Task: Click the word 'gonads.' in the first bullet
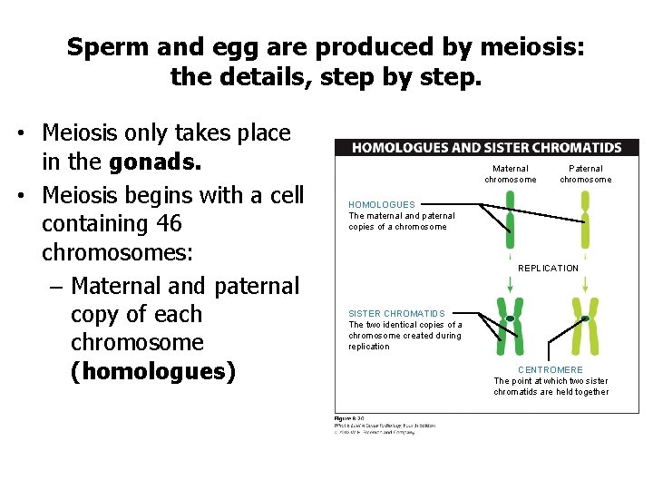pos(155,162)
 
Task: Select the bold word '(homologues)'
pos(153,372)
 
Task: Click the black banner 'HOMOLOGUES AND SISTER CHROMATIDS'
pos(486,148)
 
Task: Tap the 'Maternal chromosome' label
pos(510,173)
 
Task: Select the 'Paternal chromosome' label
pos(585,173)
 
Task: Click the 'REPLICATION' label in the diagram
pos(548,269)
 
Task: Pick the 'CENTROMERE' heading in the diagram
pos(551,370)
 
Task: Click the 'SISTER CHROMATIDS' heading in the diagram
pos(397,314)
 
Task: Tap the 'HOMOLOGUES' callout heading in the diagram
pos(382,205)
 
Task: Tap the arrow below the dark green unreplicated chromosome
pos(510,283)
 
